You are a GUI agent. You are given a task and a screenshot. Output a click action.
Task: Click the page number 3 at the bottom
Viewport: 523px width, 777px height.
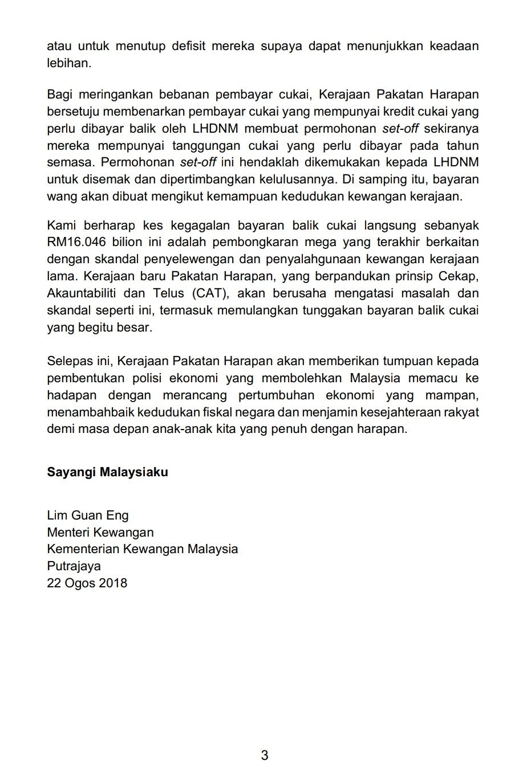point(264,755)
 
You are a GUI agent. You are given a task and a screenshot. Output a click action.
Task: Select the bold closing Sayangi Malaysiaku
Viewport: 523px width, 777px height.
point(107,472)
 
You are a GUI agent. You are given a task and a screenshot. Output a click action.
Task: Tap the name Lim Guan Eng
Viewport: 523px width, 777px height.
point(88,516)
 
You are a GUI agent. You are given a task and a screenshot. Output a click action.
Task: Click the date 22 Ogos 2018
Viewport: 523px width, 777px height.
point(87,583)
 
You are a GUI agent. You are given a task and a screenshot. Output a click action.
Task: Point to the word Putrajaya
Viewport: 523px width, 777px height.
point(74,566)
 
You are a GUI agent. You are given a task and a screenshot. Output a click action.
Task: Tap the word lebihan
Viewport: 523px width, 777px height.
point(68,63)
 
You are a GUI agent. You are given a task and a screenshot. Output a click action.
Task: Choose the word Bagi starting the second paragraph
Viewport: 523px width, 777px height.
point(59,94)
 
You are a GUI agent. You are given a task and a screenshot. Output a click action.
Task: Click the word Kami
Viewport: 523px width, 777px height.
point(60,226)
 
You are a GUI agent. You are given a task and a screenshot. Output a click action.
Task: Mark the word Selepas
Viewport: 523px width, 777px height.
point(70,361)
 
